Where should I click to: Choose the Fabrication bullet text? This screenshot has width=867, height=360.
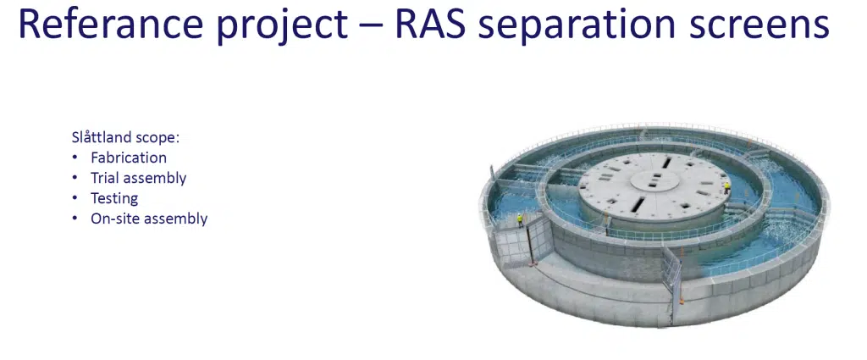[x=129, y=158]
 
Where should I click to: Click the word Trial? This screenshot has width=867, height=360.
[x=105, y=178]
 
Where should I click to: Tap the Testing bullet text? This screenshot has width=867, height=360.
[x=114, y=198]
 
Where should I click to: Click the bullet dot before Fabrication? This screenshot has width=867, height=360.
[x=75, y=158]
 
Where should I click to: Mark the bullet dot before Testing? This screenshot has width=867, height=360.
[x=75, y=199]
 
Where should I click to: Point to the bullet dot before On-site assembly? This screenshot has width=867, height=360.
[x=75, y=219]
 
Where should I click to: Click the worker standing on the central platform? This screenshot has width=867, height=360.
[x=727, y=188]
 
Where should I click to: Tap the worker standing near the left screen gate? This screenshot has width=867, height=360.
[x=520, y=220]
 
